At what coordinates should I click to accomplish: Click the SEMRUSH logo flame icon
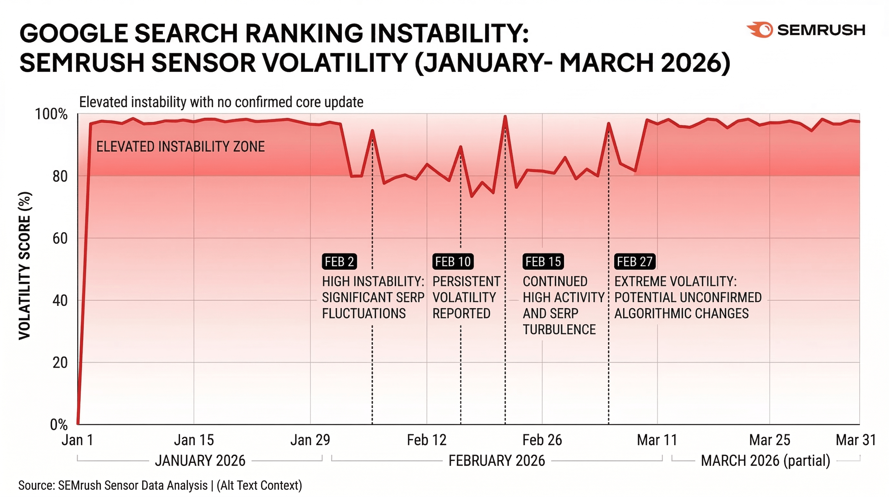[x=761, y=30]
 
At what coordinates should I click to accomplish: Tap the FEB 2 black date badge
[x=339, y=262]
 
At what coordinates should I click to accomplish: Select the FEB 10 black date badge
[x=453, y=262]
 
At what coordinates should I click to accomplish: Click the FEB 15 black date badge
[x=543, y=262]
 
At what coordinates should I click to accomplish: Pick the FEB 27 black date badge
[x=635, y=262]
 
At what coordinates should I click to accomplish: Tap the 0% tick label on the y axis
[x=59, y=425]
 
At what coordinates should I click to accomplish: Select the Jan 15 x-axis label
[x=193, y=440]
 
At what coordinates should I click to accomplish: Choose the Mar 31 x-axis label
[x=855, y=440]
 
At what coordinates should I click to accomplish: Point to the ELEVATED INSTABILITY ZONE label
[x=180, y=147]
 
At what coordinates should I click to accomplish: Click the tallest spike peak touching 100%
[x=505, y=116]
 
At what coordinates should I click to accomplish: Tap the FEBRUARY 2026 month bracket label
[x=497, y=461]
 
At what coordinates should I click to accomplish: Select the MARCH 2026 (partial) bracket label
[x=766, y=461]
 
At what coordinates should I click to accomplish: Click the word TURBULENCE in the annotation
[x=559, y=329]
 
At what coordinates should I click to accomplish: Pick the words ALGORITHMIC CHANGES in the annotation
[x=681, y=314]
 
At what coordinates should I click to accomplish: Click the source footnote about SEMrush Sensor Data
[x=160, y=485]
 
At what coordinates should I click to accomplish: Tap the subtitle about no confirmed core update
[x=221, y=102]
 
